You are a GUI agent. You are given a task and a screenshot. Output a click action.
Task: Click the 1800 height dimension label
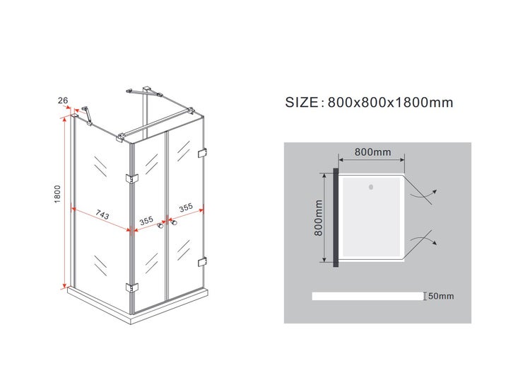pyautogui.click(x=57, y=194)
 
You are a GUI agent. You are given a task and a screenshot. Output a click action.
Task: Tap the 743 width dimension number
pyautogui.click(x=102, y=215)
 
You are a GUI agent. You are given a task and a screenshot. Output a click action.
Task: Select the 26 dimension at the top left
pyautogui.click(x=63, y=101)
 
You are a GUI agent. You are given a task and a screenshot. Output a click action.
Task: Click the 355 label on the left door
pyautogui.click(x=146, y=221)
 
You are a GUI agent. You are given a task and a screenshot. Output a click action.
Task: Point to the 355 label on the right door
pyautogui.click(x=186, y=207)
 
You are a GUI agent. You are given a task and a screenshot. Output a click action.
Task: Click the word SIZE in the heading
pyautogui.click(x=302, y=102)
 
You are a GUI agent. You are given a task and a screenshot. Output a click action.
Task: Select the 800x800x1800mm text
pyautogui.click(x=390, y=102)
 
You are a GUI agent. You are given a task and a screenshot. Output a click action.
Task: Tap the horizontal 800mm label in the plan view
pyautogui.click(x=372, y=152)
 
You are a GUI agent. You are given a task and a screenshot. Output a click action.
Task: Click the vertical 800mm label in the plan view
pyautogui.click(x=319, y=217)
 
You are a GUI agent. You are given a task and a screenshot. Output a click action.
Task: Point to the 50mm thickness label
pyautogui.click(x=441, y=296)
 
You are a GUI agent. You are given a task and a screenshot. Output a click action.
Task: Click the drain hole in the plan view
pyautogui.click(x=371, y=187)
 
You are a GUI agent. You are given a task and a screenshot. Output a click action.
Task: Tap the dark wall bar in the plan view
pyautogui.click(x=336, y=217)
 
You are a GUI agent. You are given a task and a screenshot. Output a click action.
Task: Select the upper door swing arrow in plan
pyautogui.click(x=423, y=194)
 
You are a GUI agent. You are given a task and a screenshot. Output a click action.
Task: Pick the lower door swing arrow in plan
pyautogui.click(x=423, y=239)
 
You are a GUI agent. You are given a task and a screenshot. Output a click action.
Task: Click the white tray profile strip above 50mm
pyautogui.click(x=367, y=296)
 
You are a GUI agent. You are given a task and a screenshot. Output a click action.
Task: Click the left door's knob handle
pyautogui.click(x=160, y=225)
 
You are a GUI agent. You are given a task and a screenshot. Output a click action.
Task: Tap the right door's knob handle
pyautogui.click(x=174, y=223)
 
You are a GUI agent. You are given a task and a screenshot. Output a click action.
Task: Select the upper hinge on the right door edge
pyautogui.click(x=203, y=153)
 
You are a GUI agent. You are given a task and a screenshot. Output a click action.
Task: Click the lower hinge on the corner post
pyautogui.click(x=132, y=287)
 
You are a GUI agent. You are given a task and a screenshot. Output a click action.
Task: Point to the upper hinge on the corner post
pyautogui.click(x=132, y=178)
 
